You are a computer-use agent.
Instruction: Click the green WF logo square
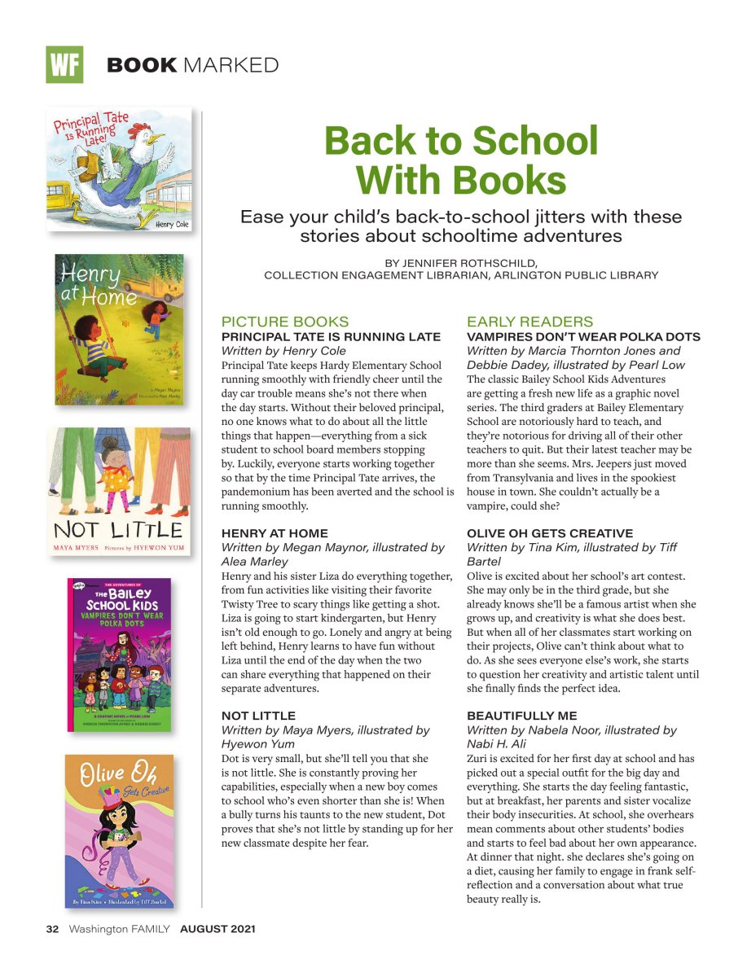64,64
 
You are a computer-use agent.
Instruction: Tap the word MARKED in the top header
231,65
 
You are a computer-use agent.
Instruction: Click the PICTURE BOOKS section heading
285,322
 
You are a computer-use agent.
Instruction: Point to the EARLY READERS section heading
530,322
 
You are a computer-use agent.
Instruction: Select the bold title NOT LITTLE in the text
258,716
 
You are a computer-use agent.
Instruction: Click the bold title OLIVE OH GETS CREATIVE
550,533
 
